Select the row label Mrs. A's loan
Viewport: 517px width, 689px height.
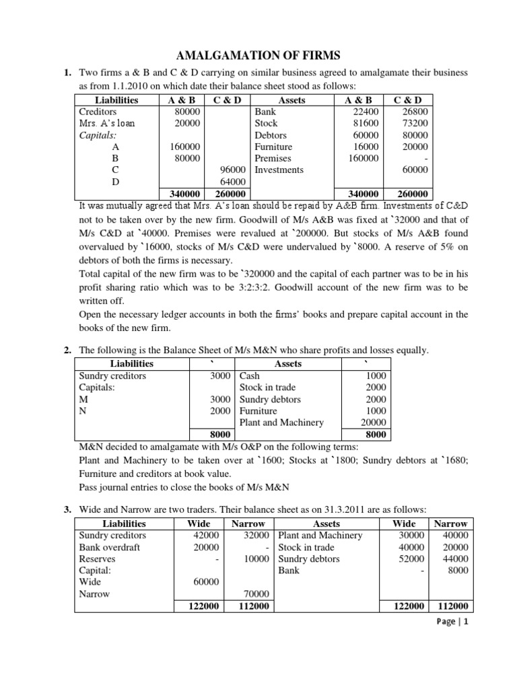coord(103,123)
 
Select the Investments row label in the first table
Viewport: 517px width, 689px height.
coord(279,170)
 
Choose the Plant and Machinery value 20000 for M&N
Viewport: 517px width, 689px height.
coord(373,423)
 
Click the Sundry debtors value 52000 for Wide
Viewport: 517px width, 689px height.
coord(411,559)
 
